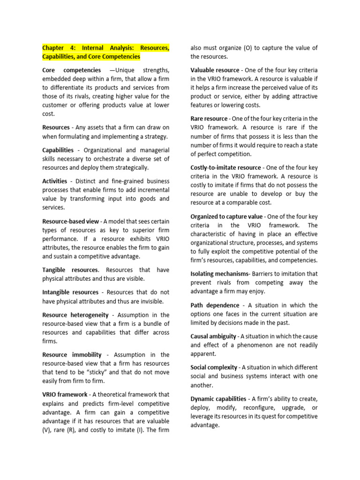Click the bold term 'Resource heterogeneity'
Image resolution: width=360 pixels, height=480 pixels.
75,315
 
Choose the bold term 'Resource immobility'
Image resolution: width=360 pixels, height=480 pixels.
70,355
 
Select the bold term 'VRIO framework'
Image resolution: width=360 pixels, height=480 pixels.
65,395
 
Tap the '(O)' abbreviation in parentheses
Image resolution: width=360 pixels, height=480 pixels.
248,48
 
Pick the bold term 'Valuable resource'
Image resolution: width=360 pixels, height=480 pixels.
215,70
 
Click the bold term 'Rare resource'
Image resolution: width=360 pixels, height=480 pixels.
209,119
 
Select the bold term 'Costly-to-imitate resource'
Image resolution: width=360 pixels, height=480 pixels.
226,168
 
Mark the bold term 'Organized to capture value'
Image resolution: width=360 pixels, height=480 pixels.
226,217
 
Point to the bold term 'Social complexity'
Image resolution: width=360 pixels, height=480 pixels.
214,367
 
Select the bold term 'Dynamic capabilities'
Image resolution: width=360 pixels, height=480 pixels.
218,399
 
